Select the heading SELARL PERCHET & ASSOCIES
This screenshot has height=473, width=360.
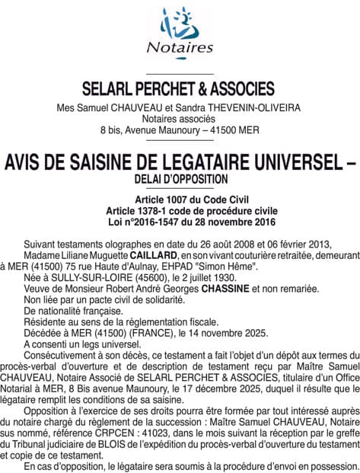(180, 88)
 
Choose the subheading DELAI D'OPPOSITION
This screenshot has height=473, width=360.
(180, 178)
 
